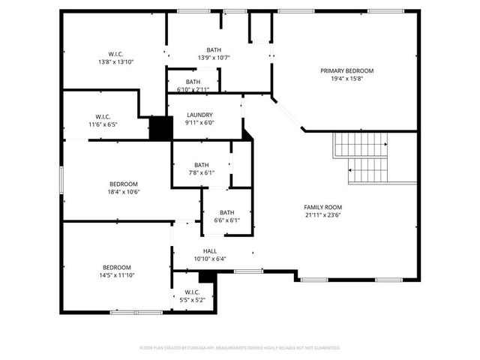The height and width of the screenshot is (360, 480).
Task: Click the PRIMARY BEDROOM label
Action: pos(346,70)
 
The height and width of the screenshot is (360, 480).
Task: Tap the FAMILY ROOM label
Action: pos(322,207)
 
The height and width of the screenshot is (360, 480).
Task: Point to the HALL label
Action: pos(210,251)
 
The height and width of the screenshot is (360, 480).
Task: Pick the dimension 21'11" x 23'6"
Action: pos(322,214)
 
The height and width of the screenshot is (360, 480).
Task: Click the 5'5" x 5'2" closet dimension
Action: pos(191,299)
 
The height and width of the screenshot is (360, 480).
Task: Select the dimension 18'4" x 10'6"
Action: pos(124,191)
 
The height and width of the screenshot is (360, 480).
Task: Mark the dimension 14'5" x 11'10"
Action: pos(117,275)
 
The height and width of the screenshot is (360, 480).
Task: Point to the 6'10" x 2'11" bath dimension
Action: pos(193,89)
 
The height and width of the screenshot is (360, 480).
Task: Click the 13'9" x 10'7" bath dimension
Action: pos(214,58)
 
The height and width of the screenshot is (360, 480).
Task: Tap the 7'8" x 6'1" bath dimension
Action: pos(201,172)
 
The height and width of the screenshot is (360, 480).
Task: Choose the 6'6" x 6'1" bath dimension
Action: pos(226,220)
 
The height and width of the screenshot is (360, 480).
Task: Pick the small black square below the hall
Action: pos(207,277)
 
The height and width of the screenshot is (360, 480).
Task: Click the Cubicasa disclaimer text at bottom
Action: pos(240,348)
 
